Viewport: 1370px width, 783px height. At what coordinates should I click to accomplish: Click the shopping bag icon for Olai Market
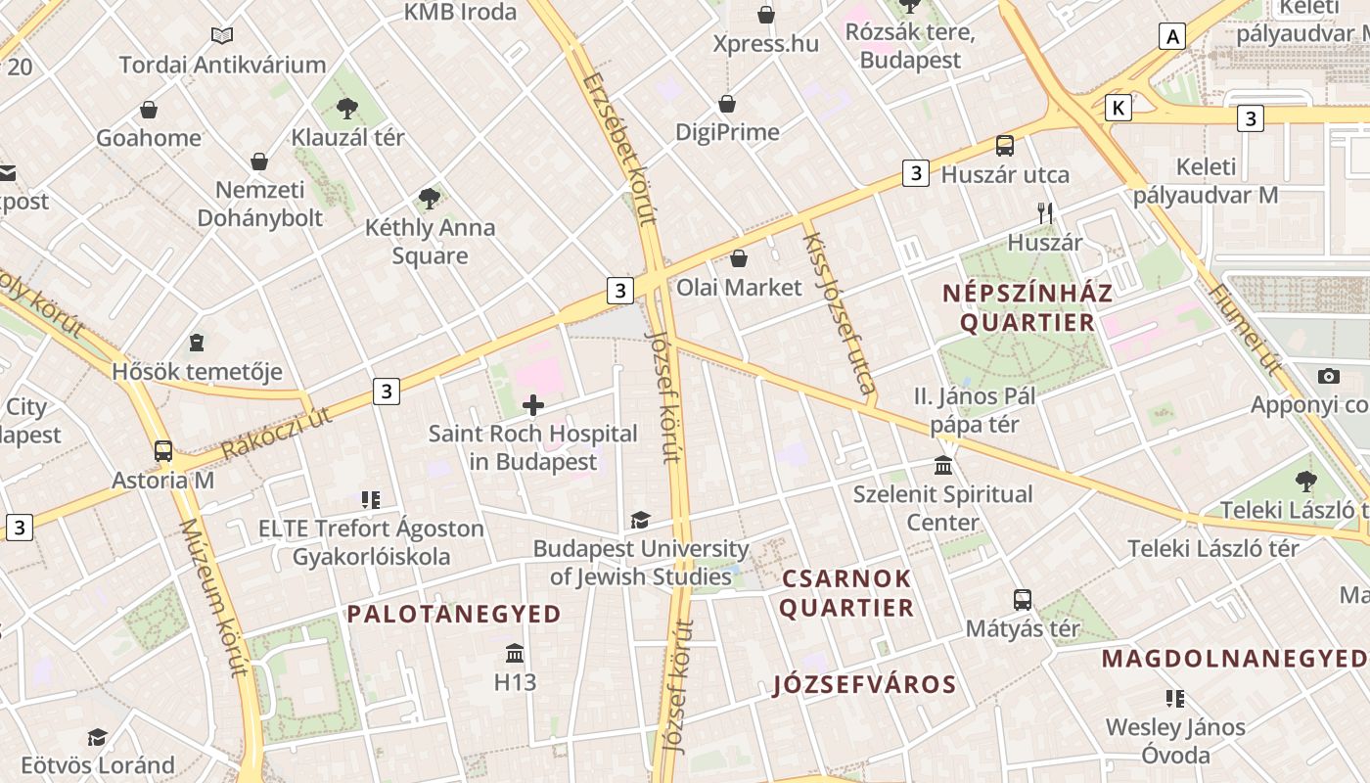point(739,258)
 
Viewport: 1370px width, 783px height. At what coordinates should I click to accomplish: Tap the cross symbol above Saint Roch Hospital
point(533,405)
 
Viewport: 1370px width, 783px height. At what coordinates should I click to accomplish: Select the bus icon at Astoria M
point(163,451)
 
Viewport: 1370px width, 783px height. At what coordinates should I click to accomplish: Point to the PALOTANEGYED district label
point(454,615)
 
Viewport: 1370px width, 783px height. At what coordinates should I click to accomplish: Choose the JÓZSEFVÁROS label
point(864,684)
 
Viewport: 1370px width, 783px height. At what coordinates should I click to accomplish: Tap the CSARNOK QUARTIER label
point(847,593)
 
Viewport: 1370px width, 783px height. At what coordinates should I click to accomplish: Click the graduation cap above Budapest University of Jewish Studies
point(640,520)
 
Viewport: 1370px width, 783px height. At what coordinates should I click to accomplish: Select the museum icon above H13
point(515,653)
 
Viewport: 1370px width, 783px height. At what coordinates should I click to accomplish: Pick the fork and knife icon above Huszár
point(1045,212)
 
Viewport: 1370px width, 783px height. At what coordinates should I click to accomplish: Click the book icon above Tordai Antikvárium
point(222,36)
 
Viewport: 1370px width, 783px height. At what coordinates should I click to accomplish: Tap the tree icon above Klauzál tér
point(346,108)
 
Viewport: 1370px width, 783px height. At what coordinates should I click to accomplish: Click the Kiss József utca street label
point(838,312)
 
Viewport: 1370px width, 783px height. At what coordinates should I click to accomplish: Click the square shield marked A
point(1171,37)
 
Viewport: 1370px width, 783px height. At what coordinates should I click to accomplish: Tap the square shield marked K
point(1118,108)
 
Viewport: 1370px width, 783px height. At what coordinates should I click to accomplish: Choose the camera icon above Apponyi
point(1328,376)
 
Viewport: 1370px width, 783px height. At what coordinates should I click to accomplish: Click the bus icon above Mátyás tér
point(1023,599)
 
